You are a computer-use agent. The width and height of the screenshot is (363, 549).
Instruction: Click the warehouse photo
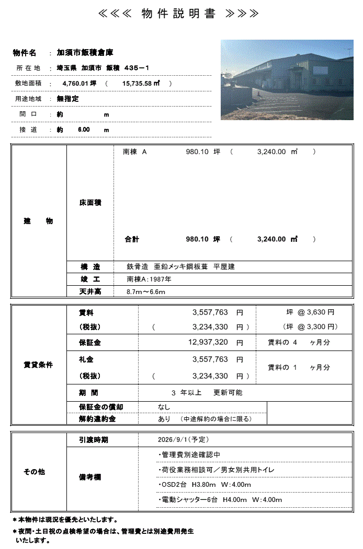click(x=287, y=80)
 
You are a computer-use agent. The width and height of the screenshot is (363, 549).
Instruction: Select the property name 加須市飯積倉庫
click(x=85, y=53)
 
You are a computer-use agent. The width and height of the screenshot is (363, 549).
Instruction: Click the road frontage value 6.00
click(x=84, y=130)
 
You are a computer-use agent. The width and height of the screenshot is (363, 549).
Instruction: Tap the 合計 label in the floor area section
click(x=132, y=239)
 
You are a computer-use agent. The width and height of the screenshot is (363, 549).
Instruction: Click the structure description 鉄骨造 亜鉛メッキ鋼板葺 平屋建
click(x=180, y=267)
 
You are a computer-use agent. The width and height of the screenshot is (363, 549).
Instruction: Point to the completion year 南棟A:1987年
click(x=149, y=279)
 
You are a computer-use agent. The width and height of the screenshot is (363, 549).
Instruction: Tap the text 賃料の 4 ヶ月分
click(x=299, y=343)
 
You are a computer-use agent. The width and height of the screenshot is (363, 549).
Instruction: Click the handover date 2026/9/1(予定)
click(x=183, y=440)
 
